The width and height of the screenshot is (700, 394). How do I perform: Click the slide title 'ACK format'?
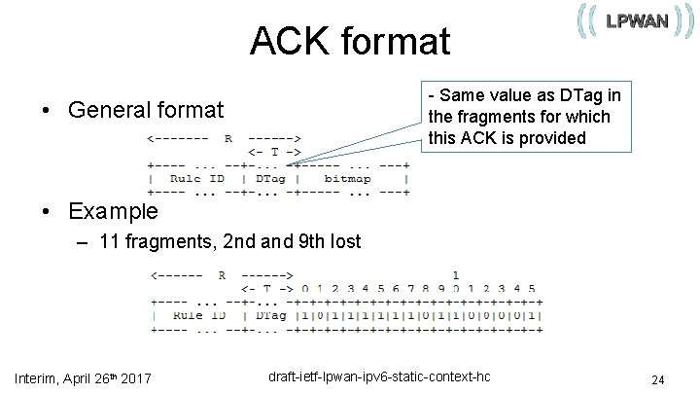click(x=349, y=42)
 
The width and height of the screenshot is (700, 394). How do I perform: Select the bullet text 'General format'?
click(x=145, y=110)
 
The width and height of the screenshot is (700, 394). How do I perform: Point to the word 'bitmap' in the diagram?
click(x=346, y=178)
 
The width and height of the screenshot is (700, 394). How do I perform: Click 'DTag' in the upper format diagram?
click(x=268, y=178)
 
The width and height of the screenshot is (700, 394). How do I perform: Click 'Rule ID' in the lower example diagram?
click(x=198, y=315)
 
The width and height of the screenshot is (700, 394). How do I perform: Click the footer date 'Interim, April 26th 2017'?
click(x=83, y=377)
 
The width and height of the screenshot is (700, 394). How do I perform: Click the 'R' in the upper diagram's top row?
click(x=227, y=138)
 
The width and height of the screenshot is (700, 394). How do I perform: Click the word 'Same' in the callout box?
click(x=461, y=95)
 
